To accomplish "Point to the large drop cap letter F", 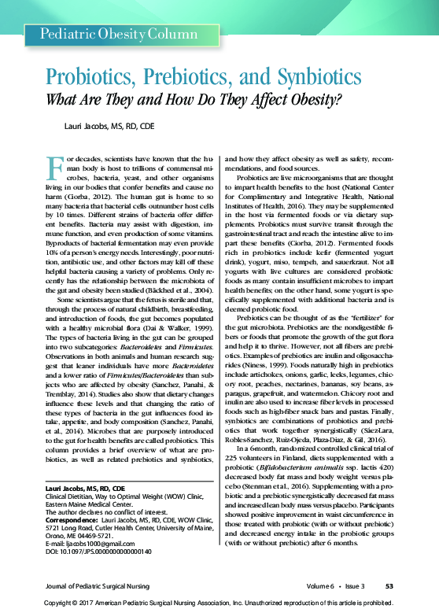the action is point(55,168).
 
